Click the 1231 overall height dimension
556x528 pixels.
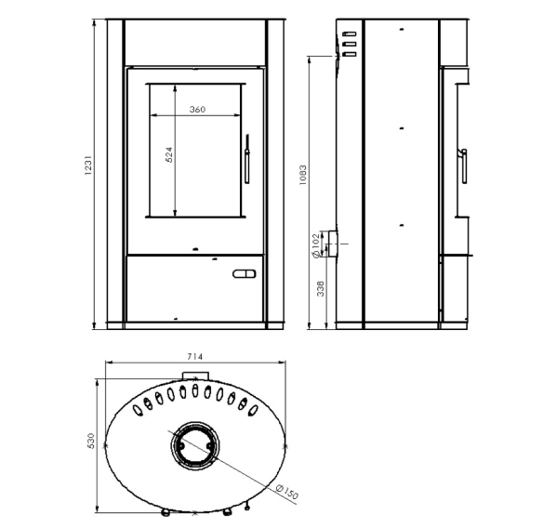pos(88,165)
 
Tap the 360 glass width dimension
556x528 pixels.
pos(197,109)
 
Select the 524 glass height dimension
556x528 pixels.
pos(169,155)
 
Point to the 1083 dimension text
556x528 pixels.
pos(302,175)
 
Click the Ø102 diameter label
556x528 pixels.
pos(315,245)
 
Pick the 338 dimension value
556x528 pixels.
pos(321,289)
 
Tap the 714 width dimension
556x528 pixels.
pos(194,357)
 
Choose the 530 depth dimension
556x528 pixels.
pos(91,441)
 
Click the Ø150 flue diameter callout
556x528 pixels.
pos(287,492)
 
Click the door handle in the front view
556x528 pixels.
pos(247,159)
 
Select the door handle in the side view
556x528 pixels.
pos(463,166)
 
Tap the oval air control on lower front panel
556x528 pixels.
pos(244,273)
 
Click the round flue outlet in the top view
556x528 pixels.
pos(194,446)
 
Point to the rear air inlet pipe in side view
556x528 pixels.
pos(332,244)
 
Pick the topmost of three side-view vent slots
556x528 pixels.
pos(350,34)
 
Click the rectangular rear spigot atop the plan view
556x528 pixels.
pos(195,376)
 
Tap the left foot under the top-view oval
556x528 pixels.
pos(165,512)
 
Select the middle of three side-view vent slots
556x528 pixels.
pos(350,44)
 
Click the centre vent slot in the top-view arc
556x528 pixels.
pos(194,390)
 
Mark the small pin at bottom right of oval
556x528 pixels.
pos(247,507)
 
